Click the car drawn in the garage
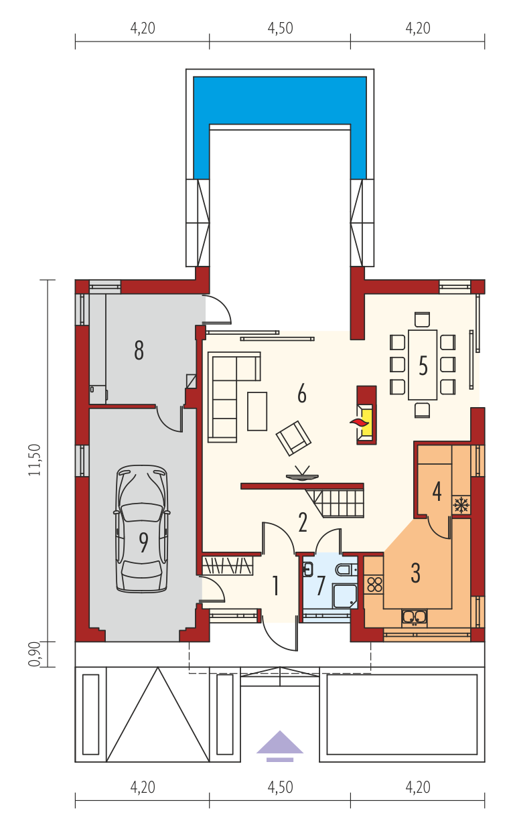[142, 528]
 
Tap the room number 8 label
[139, 350]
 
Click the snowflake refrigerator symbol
[461, 506]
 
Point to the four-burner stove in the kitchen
[374, 585]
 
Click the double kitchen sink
[415, 616]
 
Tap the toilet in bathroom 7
[346, 569]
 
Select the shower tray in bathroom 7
[345, 595]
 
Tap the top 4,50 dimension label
[280, 28]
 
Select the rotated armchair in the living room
[293, 438]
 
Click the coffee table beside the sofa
[257, 411]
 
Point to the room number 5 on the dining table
[423, 366]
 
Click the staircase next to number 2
[335, 503]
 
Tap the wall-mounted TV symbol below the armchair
[302, 474]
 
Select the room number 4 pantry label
[437, 492]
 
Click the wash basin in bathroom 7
[308, 569]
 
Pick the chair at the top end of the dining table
[422, 320]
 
